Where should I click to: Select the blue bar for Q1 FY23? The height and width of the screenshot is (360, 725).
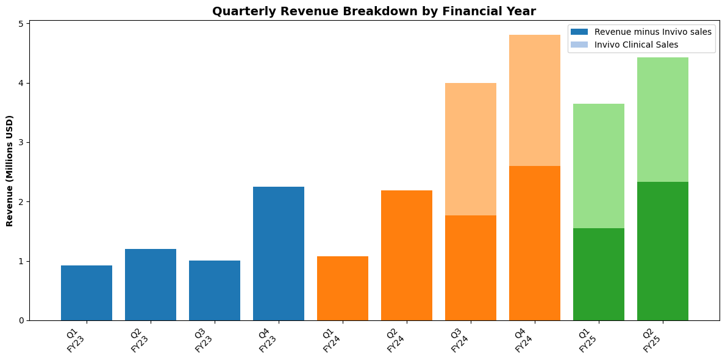[x=87, y=293]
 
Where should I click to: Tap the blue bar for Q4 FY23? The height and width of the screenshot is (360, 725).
[x=279, y=253]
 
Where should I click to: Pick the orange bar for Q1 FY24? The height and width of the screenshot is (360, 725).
[x=343, y=288]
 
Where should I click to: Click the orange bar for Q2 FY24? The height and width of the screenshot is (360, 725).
[x=407, y=255]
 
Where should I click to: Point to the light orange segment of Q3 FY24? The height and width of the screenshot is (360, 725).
[x=471, y=149]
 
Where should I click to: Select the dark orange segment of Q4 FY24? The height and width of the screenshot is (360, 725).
[x=535, y=243]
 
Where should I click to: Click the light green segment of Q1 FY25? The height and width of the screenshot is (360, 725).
[x=599, y=166]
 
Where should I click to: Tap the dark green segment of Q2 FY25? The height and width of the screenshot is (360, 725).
[x=663, y=251]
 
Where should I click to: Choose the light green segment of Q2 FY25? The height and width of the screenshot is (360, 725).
[x=663, y=120]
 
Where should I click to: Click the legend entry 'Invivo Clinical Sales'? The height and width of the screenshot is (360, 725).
[x=636, y=45]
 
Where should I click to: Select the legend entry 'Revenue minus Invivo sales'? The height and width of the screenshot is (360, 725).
[x=652, y=32]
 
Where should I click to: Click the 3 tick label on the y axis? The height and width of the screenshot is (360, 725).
[x=21, y=143]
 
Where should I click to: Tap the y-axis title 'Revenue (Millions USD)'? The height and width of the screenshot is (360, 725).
[x=10, y=170]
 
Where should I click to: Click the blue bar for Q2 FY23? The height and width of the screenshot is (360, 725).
[x=151, y=284]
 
